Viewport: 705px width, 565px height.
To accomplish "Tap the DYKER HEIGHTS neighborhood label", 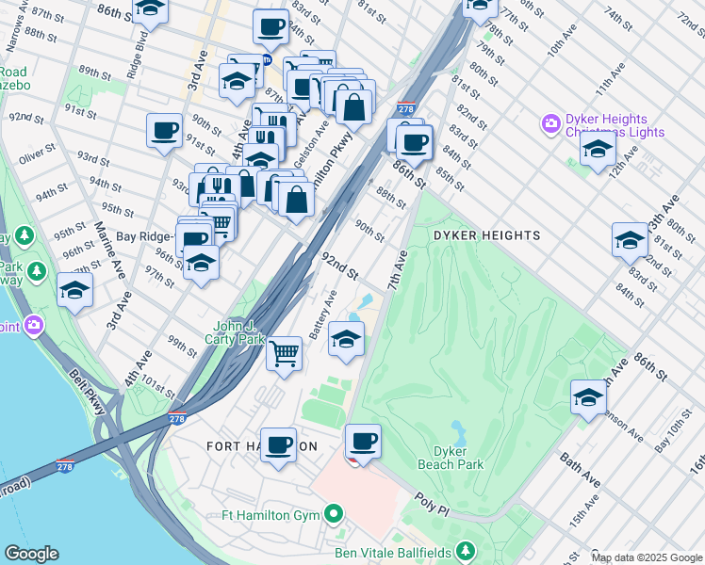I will coord(486,235).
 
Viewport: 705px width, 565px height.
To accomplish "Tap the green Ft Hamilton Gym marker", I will coord(333,514).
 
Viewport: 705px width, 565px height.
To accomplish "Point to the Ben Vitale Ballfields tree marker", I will coord(464,550).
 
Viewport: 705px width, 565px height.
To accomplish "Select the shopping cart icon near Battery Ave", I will coord(285,354).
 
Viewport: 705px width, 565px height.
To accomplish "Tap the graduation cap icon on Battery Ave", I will coord(347,339).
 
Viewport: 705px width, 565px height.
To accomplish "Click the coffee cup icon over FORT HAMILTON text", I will coord(277,444).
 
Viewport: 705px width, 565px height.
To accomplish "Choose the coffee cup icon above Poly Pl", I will coord(363,441).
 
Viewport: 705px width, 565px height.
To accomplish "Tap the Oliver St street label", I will coord(38,149).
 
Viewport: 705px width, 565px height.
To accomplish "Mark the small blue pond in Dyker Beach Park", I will coord(459,433).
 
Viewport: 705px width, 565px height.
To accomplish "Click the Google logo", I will coord(31,554).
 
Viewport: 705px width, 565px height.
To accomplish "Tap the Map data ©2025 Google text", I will coord(646,557).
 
